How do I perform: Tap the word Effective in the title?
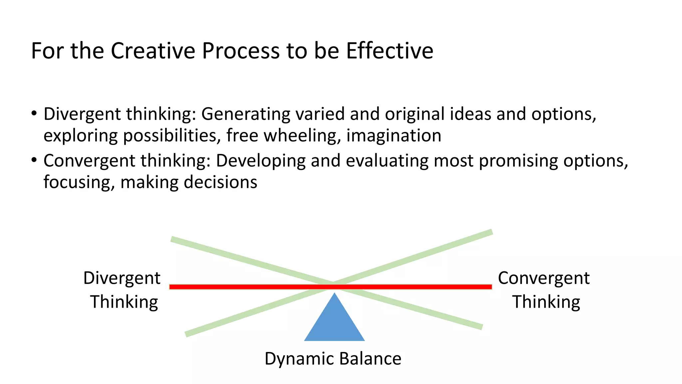tap(389, 51)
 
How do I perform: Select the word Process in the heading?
tap(240, 51)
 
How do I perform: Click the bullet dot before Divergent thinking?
tap(34, 114)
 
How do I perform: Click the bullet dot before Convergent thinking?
tap(34, 160)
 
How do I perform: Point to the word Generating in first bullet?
tap(246, 114)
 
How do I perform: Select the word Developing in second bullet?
tap(261, 161)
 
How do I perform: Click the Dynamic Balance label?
tap(333, 359)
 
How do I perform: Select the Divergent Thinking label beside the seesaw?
tap(123, 290)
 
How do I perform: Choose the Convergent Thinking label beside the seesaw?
tap(544, 290)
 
